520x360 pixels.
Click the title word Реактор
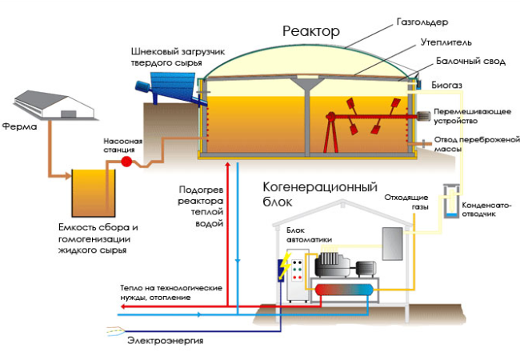pos(311,32)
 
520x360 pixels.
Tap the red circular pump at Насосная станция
pos(126,162)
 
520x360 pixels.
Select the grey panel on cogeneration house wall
pos(391,244)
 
